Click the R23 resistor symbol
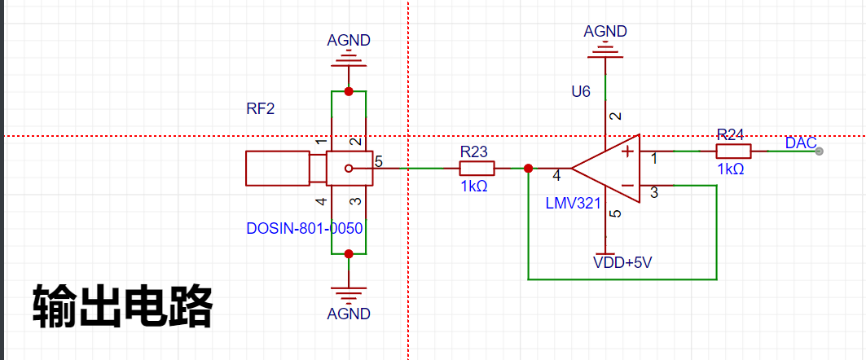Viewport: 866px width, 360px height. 477,168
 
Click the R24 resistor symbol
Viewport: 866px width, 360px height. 733,151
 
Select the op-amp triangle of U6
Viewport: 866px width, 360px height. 605,168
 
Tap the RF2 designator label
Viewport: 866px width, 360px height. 260,109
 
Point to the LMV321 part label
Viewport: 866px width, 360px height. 573,203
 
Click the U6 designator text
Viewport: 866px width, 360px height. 581,91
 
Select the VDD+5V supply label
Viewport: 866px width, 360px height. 622,262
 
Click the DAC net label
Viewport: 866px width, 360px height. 800,143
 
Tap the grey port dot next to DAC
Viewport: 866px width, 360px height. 819,151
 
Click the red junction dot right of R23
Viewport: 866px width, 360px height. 528,168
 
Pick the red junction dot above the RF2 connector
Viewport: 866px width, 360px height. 348,91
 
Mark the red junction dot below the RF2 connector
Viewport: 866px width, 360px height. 348,254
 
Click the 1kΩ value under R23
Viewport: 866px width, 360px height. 474,187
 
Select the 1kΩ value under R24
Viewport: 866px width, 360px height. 731,169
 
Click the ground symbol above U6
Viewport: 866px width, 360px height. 605,50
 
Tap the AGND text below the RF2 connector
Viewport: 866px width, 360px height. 348,314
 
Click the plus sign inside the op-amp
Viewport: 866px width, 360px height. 627,151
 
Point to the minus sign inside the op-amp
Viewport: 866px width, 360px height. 627,186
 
